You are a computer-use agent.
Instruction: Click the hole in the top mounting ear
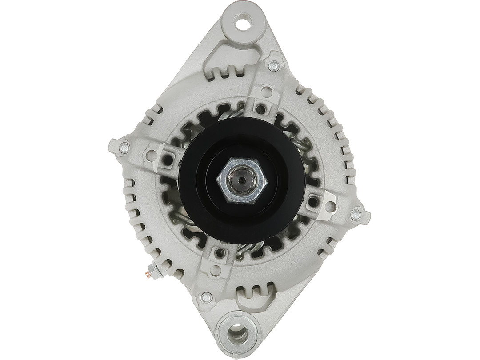[243, 22]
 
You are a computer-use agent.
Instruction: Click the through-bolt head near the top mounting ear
[274, 66]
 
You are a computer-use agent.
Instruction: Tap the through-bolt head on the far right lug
[356, 215]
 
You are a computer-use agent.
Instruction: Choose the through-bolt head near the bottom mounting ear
[206, 297]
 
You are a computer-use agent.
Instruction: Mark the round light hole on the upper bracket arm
[267, 92]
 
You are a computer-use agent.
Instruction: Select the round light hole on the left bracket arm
[152, 155]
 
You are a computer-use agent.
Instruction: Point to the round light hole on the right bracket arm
[329, 207]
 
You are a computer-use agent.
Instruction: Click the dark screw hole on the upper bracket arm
[261, 108]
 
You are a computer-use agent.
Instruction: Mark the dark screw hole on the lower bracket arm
[220, 253]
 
